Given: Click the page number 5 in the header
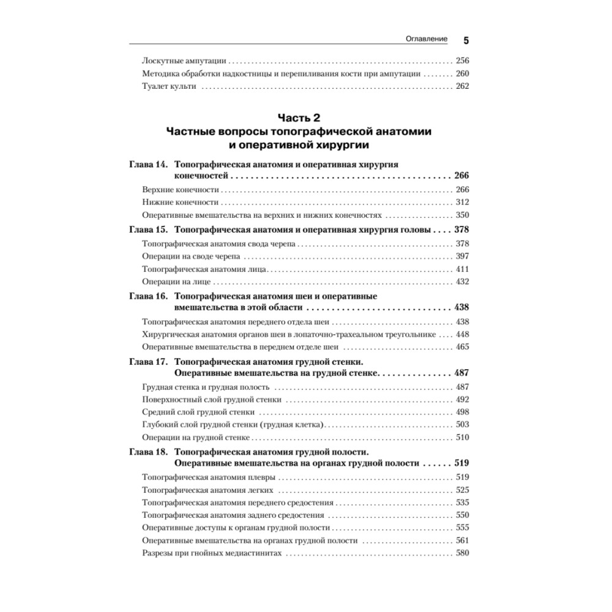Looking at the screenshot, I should coord(466,41).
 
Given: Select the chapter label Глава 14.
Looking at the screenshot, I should coord(149,165).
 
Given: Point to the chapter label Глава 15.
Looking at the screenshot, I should coord(149,231).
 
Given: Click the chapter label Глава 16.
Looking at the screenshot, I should coord(149,296).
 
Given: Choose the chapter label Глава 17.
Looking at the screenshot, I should coord(149,362).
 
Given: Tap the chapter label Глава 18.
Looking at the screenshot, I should coord(149,452).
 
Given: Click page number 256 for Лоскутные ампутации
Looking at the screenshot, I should coord(462,61).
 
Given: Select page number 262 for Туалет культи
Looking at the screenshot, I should coord(462,86).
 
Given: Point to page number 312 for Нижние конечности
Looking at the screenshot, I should coord(462,203).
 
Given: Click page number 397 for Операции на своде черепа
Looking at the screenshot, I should coord(462,256).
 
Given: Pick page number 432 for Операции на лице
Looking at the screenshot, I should coord(462,282).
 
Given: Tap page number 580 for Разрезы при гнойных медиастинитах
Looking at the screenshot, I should coord(462,553).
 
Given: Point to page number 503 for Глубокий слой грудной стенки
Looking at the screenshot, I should coord(462,425).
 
